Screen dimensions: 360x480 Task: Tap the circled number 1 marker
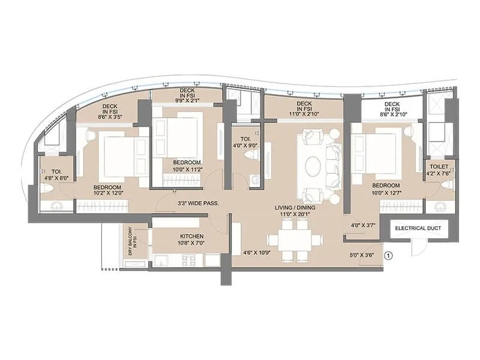388,256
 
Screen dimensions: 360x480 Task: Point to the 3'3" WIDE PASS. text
197,203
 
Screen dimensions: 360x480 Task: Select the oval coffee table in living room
313,166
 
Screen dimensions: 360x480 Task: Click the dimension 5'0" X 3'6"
362,255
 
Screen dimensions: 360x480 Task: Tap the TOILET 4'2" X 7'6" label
439,170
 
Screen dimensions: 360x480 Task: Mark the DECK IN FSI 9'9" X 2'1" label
187,95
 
